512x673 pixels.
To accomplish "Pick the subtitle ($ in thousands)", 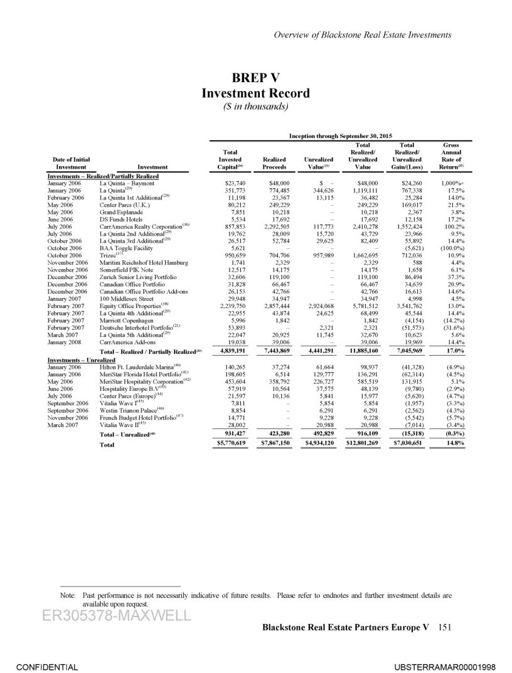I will [x=255, y=106].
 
